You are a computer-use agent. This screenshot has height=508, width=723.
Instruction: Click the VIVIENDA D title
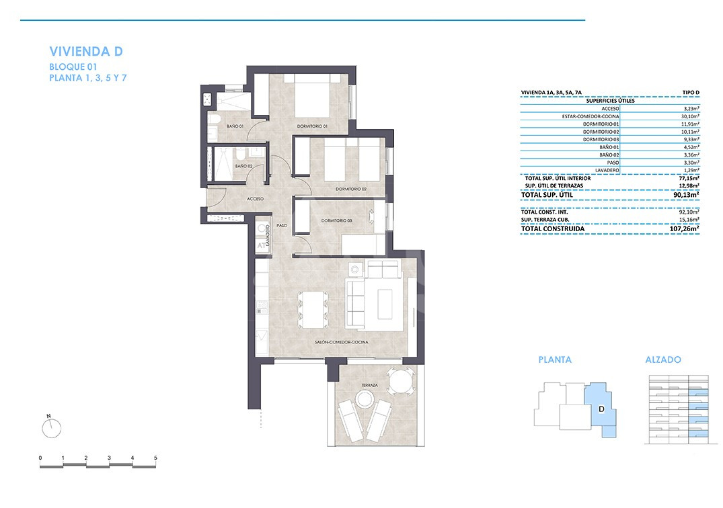tap(86, 51)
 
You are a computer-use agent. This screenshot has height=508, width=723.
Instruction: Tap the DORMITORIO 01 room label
tap(312, 126)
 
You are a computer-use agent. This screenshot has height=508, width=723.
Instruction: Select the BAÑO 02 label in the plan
tap(243, 166)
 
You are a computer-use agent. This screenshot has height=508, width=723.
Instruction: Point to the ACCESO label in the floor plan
tap(255, 199)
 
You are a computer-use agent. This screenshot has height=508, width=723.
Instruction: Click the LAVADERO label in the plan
tap(267, 235)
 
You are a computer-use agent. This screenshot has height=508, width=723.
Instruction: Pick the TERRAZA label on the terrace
tap(370, 385)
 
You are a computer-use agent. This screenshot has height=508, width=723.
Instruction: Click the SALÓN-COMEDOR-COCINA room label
tap(341, 342)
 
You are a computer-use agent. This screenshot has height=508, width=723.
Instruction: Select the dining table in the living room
tap(313, 309)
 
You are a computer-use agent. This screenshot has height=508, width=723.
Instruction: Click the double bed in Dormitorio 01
tap(313, 96)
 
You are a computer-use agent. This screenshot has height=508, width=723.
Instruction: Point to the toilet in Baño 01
tap(213, 120)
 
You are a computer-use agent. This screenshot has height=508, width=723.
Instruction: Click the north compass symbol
tap(51, 427)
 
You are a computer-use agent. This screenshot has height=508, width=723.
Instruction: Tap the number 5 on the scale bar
tap(155, 458)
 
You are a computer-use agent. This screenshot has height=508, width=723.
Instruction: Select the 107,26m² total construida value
tap(684, 228)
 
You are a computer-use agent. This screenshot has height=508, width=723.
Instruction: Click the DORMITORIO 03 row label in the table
tap(601, 140)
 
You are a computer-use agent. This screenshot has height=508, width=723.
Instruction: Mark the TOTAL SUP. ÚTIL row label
tap(547, 195)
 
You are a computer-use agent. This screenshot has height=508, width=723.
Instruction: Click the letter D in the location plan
tap(601, 409)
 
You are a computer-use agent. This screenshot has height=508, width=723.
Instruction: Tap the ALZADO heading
tap(663, 359)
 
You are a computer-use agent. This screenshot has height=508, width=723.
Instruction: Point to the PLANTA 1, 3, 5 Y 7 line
tap(88, 78)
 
